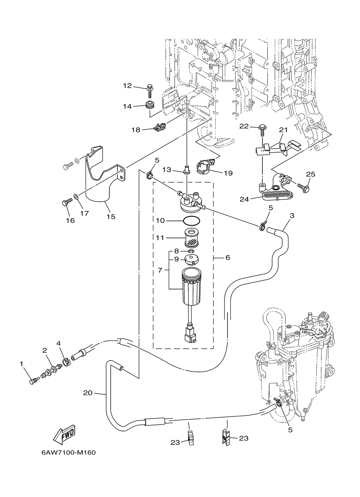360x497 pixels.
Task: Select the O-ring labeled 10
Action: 192,221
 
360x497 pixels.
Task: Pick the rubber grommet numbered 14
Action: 150,105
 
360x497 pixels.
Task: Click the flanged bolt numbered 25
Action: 303,188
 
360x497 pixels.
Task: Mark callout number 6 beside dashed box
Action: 228,257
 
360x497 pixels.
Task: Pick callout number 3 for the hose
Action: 292,216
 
